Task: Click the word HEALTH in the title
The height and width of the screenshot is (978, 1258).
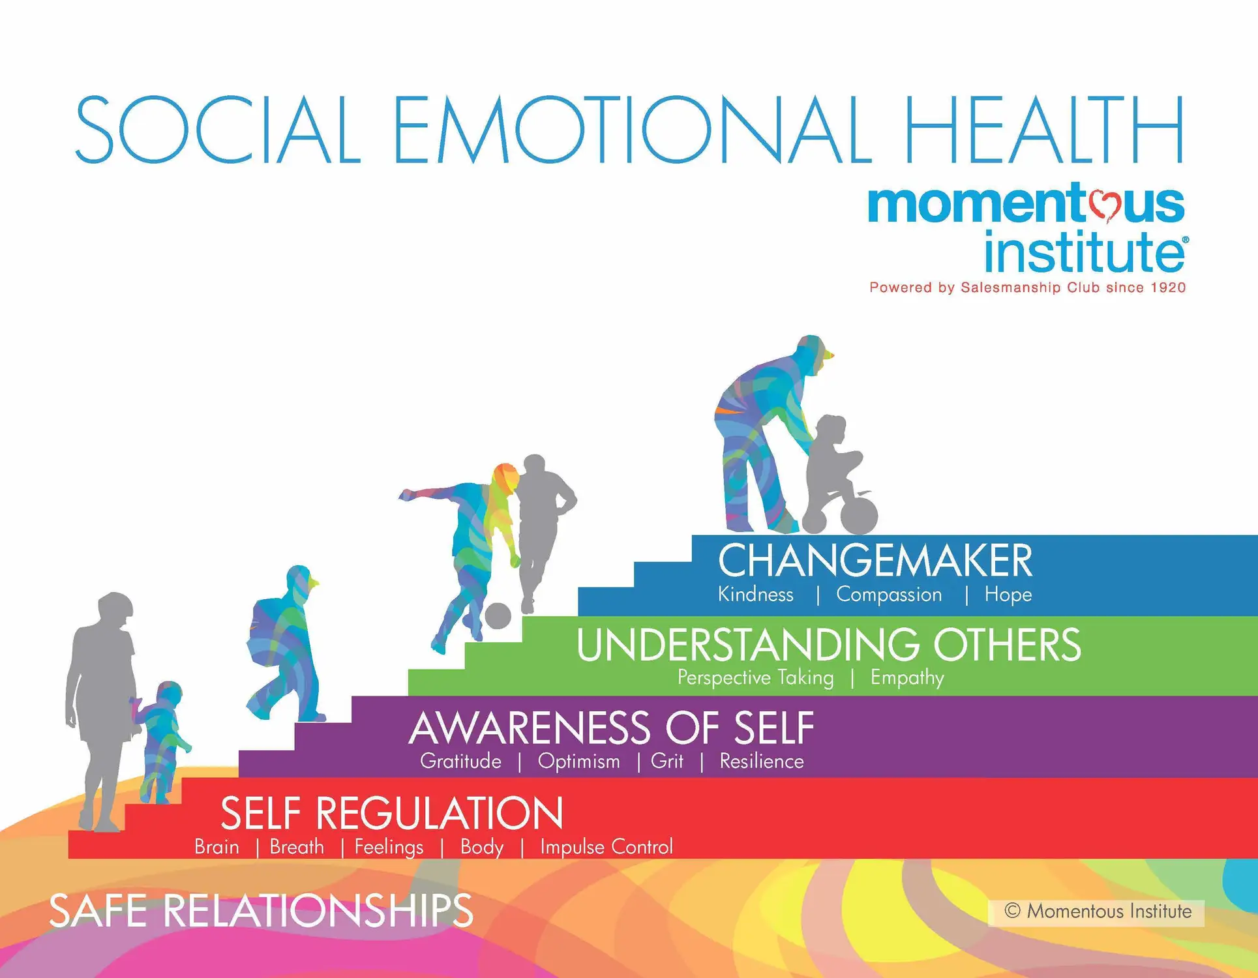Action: (x=1043, y=130)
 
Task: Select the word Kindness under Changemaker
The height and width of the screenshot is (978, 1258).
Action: (x=755, y=595)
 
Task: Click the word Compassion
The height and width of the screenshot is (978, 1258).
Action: (x=889, y=595)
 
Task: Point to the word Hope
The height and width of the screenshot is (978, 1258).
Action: (x=1008, y=595)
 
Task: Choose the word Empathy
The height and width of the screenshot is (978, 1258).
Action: (x=907, y=678)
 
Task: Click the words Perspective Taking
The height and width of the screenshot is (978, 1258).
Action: (x=755, y=678)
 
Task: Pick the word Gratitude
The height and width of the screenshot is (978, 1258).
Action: (x=460, y=762)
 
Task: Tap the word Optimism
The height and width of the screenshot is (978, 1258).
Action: (x=578, y=762)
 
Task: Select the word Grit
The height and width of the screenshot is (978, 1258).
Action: (x=666, y=762)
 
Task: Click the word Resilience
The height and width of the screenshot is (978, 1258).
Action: (x=761, y=762)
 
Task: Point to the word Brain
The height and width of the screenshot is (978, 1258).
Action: (x=217, y=847)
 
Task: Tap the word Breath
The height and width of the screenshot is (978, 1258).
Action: (x=297, y=847)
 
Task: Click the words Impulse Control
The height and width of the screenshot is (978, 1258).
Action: (x=606, y=847)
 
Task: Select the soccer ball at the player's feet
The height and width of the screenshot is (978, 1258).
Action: (x=498, y=615)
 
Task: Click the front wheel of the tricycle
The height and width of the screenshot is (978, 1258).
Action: (x=858, y=516)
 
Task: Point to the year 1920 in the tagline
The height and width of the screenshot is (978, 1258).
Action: (x=1168, y=288)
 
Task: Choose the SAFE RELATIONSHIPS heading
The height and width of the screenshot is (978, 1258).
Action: (x=261, y=911)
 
